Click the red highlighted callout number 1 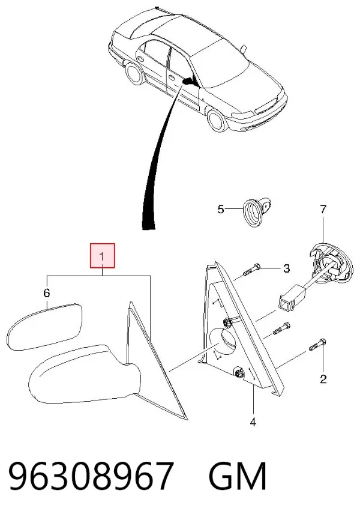tap(103, 256)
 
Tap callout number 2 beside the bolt tap(323, 379)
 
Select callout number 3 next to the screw tap(286, 268)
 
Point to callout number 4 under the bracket tap(253, 422)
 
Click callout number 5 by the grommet tap(221, 209)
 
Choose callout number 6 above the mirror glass tap(47, 293)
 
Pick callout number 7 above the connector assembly tap(323, 209)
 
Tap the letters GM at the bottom tap(238, 476)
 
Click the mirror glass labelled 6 tap(45, 327)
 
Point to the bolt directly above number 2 tap(317, 344)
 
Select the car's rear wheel tap(134, 74)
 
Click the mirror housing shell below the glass tap(85, 374)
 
